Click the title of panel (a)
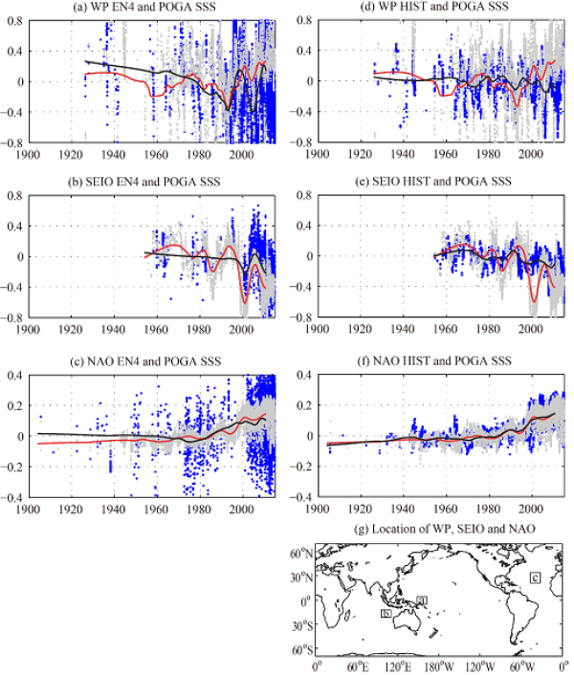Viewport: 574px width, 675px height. pos(145,9)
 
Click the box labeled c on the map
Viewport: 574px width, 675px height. pos(535,577)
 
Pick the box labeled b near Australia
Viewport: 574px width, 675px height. pos(385,612)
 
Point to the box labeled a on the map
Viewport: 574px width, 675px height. pos(422,599)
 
